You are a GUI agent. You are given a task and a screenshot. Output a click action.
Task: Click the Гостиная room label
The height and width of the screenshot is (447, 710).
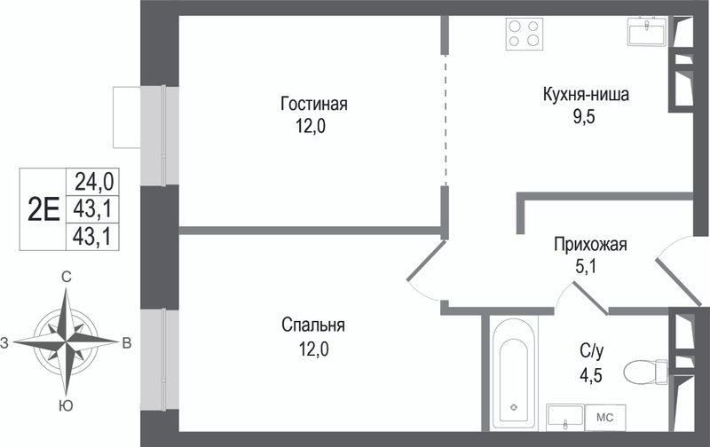[313, 105]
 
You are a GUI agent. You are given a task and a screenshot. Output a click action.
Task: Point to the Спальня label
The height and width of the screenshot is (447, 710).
[313, 325]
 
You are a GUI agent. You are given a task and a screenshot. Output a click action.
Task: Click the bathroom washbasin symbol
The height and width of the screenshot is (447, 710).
[564, 415]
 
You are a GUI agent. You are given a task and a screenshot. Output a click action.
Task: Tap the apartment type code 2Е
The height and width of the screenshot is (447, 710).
[44, 208]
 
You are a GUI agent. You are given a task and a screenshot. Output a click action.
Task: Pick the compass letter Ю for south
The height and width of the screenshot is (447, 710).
[66, 406]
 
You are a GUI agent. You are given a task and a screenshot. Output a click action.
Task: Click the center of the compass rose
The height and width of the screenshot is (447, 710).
[66, 341]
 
